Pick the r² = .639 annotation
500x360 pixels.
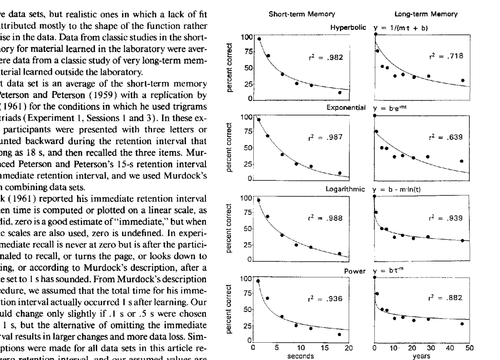[448, 136]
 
